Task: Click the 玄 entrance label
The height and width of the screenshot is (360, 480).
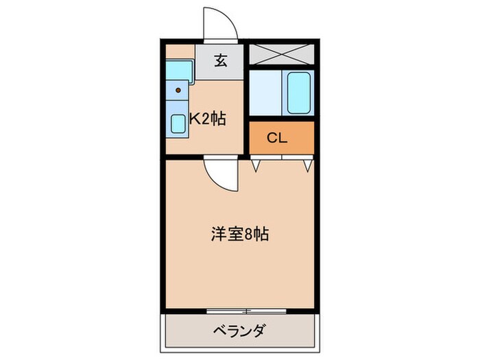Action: coord(220,61)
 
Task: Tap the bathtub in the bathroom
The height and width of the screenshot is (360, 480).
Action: coord(300,92)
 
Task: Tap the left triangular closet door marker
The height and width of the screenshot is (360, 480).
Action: coord(256,164)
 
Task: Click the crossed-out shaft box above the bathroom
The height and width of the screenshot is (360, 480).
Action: coord(280,53)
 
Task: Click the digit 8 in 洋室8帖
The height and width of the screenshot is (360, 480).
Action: coord(250,235)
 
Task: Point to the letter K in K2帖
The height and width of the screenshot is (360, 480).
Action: coord(194,119)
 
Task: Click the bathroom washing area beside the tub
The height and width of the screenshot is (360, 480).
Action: coord(266,92)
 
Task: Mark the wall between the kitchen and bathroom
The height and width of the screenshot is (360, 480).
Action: coord(246,96)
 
